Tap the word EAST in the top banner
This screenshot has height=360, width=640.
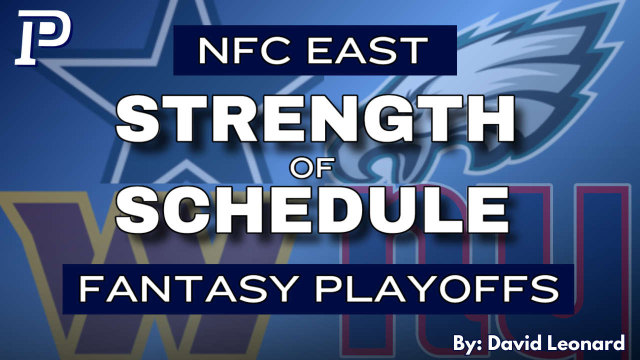(x=367, y=51)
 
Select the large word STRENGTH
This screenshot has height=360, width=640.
(x=315, y=119)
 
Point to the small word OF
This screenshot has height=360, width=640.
(x=311, y=168)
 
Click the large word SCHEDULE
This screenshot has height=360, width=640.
(x=312, y=210)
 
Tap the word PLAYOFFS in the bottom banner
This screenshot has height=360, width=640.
(x=437, y=289)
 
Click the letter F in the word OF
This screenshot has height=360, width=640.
(x=324, y=168)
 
